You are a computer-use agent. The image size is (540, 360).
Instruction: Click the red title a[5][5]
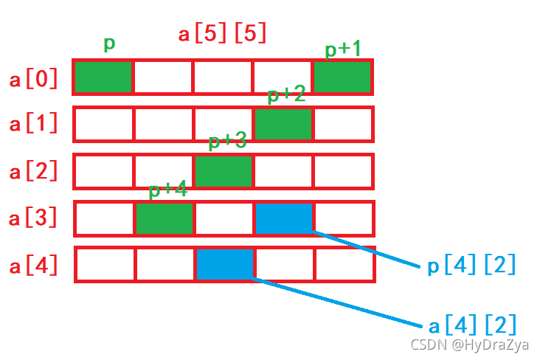(x=222, y=34)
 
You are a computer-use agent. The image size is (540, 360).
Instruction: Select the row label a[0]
(x=34, y=79)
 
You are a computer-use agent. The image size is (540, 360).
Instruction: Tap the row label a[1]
(x=34, y=125)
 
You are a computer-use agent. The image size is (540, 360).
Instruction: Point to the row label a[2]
(x=34, y=172)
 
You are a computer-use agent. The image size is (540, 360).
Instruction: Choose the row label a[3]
(x=34, y=219)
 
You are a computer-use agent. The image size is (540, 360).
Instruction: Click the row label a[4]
(x=34, y=266)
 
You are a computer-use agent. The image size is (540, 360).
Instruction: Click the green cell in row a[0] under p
(x=103, y=77)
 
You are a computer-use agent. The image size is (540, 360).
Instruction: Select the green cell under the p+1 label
(x=342, y=77)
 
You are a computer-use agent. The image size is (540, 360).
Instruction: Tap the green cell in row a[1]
(x=283, y=124)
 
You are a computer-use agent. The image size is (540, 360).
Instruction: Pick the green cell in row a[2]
(x=223, y=171)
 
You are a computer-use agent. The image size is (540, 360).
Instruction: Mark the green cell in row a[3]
(x=165, y=218)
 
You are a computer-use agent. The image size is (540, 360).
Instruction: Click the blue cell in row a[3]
(x=284, y=218)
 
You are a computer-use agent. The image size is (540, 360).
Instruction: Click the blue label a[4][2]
(x=471, y=325)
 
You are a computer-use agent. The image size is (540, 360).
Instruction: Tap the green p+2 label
(x=285, y=95)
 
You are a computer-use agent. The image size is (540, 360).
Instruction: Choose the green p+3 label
(x=227, y=142)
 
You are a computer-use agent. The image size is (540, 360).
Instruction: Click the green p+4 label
(x=167, y=190)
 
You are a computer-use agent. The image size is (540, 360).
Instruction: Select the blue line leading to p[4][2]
(x=369, y=249)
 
